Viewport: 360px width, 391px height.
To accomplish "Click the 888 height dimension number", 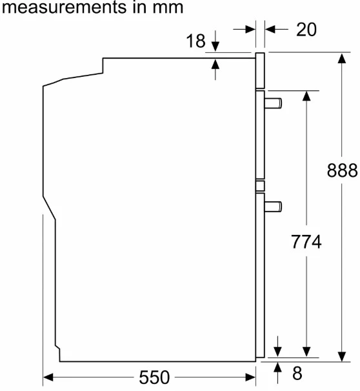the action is pos(342,170).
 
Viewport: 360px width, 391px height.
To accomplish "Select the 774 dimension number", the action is pos(306,241).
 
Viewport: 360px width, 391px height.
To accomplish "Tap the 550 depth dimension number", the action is pos(154,377).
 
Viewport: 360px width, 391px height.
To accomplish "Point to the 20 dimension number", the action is pos(306,30).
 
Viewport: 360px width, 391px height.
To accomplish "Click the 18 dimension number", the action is pos(195,41).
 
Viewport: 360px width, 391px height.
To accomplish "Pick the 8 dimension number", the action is pos(297,373).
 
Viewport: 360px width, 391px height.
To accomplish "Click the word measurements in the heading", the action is pos(64,7).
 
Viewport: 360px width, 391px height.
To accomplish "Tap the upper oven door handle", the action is pos(274,103).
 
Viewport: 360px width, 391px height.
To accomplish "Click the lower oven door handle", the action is pos(274,206).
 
